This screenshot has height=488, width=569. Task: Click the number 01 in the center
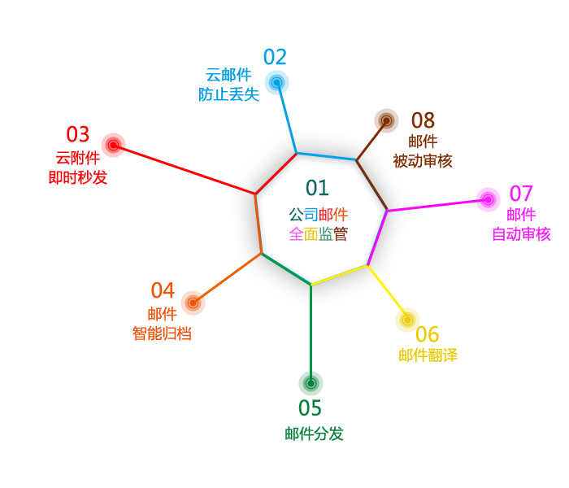click(x=317, y=188)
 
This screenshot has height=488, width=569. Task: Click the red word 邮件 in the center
click(x=333, y=215)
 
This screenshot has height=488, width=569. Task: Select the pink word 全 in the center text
click(x=296, y=234)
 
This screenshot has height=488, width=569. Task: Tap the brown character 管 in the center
click(x=341, y=234)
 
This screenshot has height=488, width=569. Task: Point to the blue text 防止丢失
click(x=229, y=95)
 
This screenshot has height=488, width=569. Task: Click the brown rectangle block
click(x=412, y=137)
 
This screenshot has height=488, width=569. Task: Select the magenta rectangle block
click(x=510, y=213)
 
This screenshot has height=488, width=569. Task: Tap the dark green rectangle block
click(x=315, y=399)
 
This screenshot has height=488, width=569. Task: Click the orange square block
click(x=172, y=308)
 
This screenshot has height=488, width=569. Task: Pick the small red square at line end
click(x=113, y=145)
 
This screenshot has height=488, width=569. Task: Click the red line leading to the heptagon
click(x=191, y=172)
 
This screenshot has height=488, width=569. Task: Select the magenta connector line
click(x=431, y=206)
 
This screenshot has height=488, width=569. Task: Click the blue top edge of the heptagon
click(x=326, y=156)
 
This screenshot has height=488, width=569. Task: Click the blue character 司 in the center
click(x=311, y=215)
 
